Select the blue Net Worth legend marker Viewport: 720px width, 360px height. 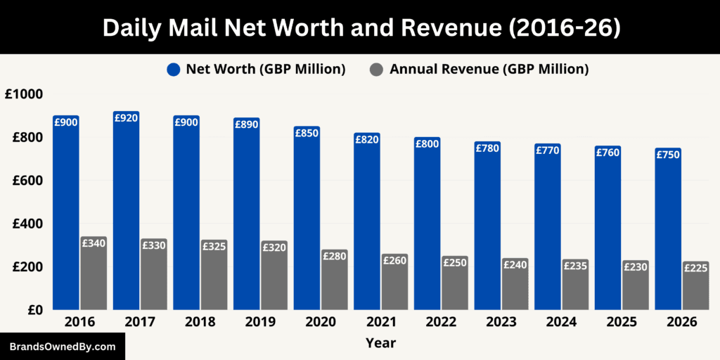click(174, 69)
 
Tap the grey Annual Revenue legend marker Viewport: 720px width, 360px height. click(377, 69)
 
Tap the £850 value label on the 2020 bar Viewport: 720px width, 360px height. click(307, 133)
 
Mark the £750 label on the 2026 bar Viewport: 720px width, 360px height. click(667, 155)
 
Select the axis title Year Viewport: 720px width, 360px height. click(380, 343)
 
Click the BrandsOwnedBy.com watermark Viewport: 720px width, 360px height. click(63, 347)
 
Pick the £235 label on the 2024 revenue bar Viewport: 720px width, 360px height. click(574, 265)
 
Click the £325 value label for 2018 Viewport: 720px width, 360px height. click(214, 246)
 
